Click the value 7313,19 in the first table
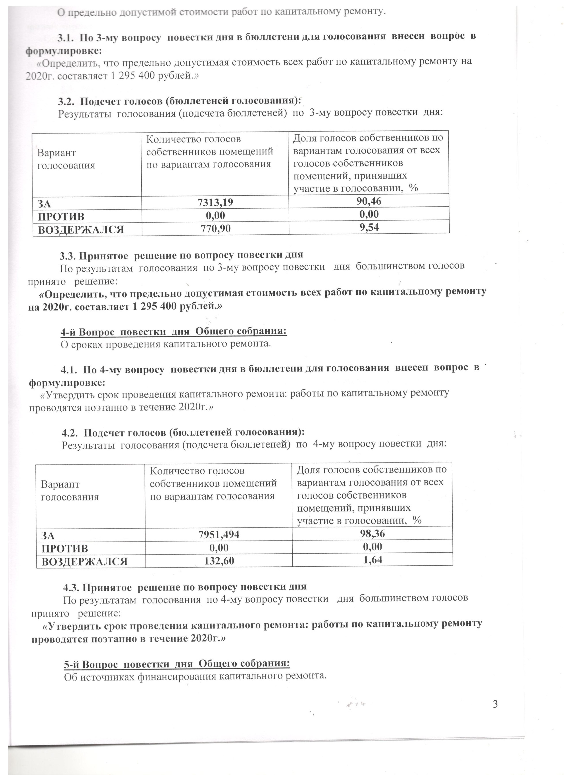coord(215,203)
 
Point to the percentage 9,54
coord(369,227)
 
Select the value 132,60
coord(219,561)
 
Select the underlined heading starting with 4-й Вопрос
coord(173,331)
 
